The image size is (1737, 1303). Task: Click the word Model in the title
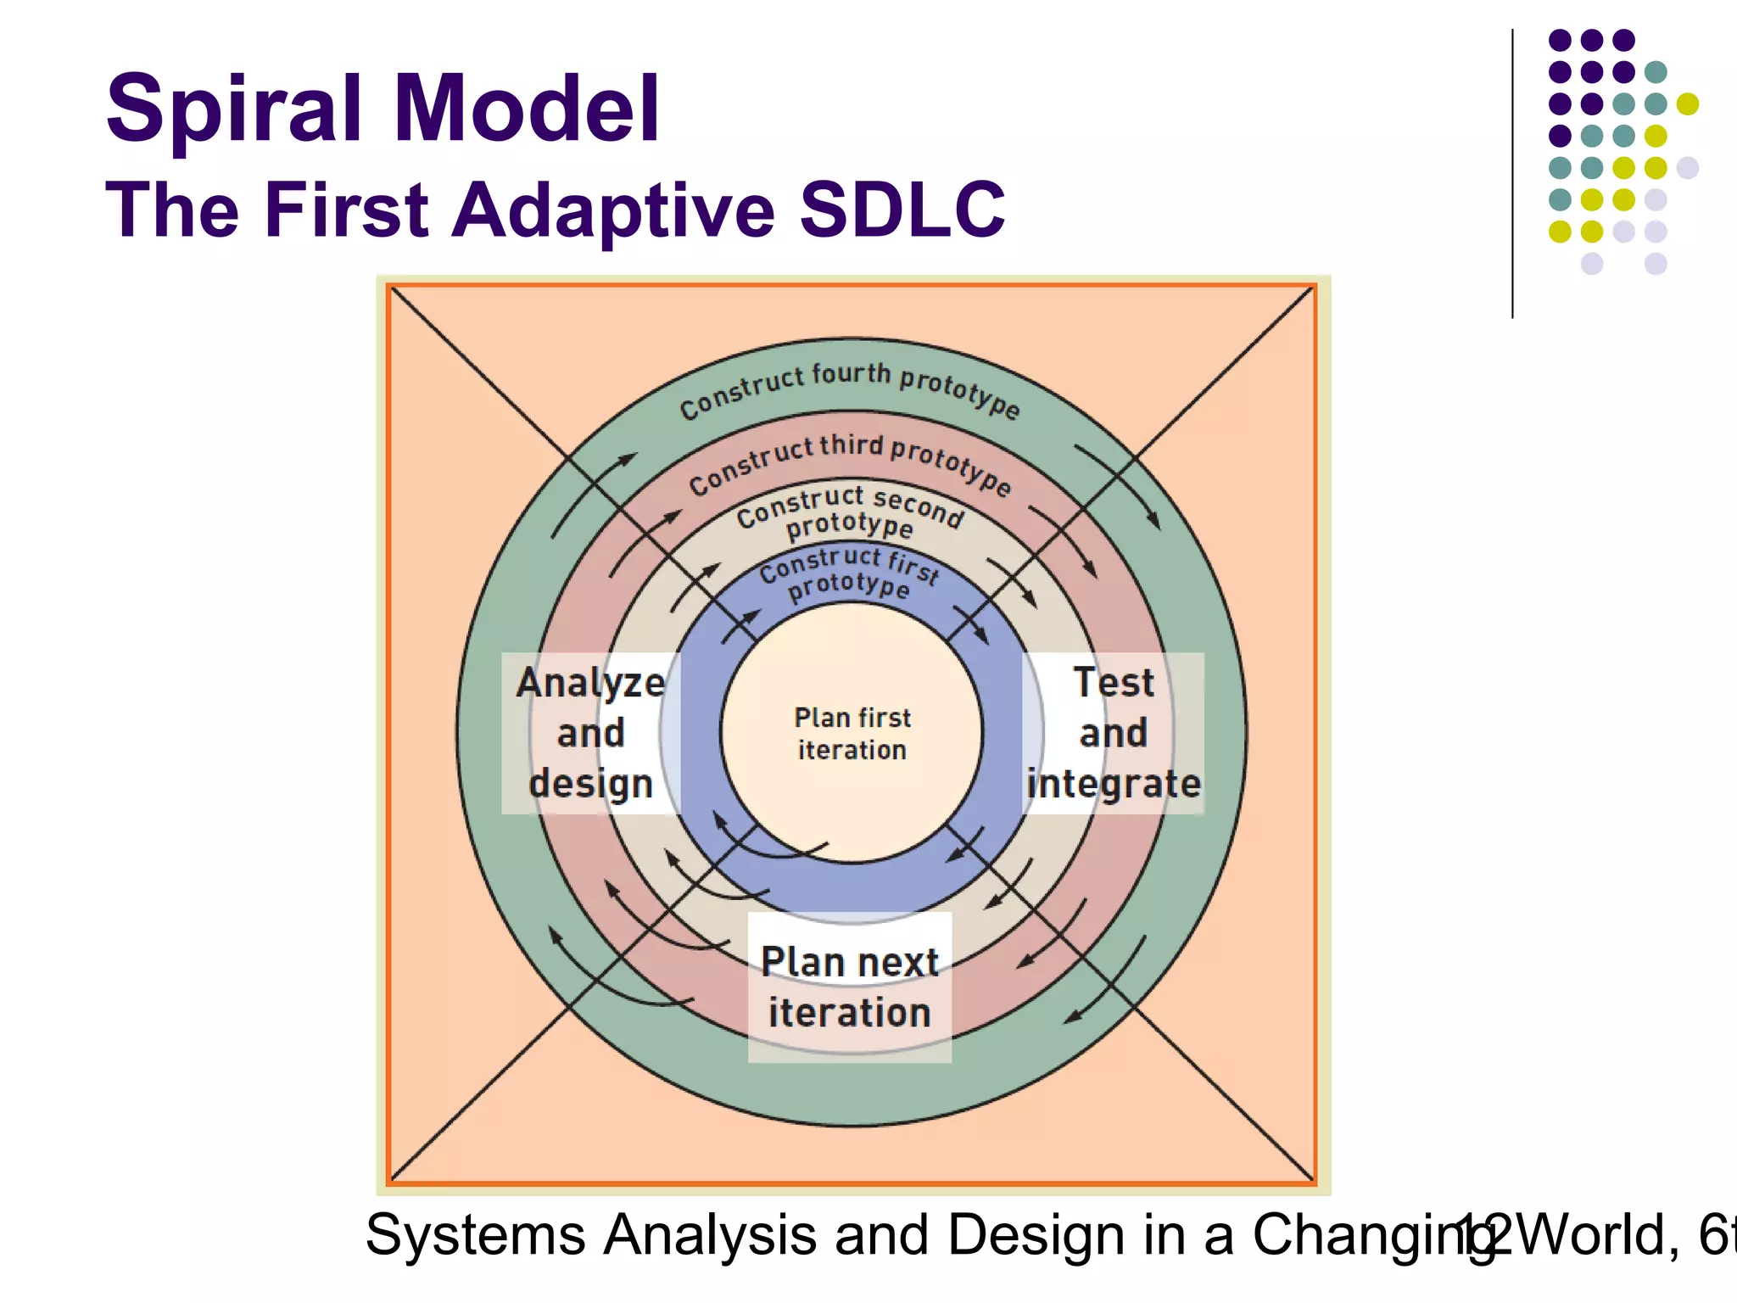tap(526, 109)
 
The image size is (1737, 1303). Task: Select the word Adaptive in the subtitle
tap(613, 210)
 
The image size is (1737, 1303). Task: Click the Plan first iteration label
tap(852, 734)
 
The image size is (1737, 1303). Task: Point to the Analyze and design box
tap(591, 733)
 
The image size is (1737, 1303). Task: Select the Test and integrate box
tap(1114, 733)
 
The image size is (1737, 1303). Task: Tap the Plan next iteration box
tap(850, 987)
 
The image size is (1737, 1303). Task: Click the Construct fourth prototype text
tap(850, 387)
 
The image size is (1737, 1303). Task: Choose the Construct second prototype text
tap(850, 512)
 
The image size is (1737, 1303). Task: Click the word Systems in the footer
tap(475, 1235)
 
